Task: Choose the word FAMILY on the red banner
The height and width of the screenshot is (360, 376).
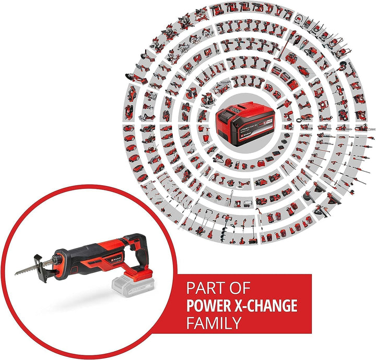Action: click(x=214, y=322)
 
